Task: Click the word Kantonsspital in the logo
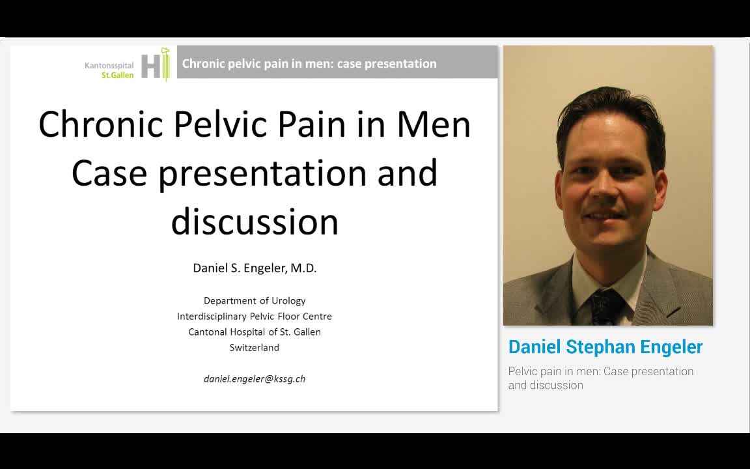tap(109, 65)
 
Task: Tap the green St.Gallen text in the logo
tap(118, 75)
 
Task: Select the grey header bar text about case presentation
tap(309, 63)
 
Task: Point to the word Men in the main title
tap(434, 124)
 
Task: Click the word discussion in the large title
tap(255, 221)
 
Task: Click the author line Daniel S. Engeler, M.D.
tap(255, 268)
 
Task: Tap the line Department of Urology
tap(255, 300)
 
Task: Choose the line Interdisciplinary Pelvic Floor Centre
tap(255, 316)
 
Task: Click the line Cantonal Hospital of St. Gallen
tap(255, 332)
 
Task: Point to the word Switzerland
tap(255, 347)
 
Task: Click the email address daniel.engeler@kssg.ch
tap(255, 378)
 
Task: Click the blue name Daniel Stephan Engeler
tap(605, 347)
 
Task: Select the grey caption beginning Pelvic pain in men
tap(600, 378)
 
